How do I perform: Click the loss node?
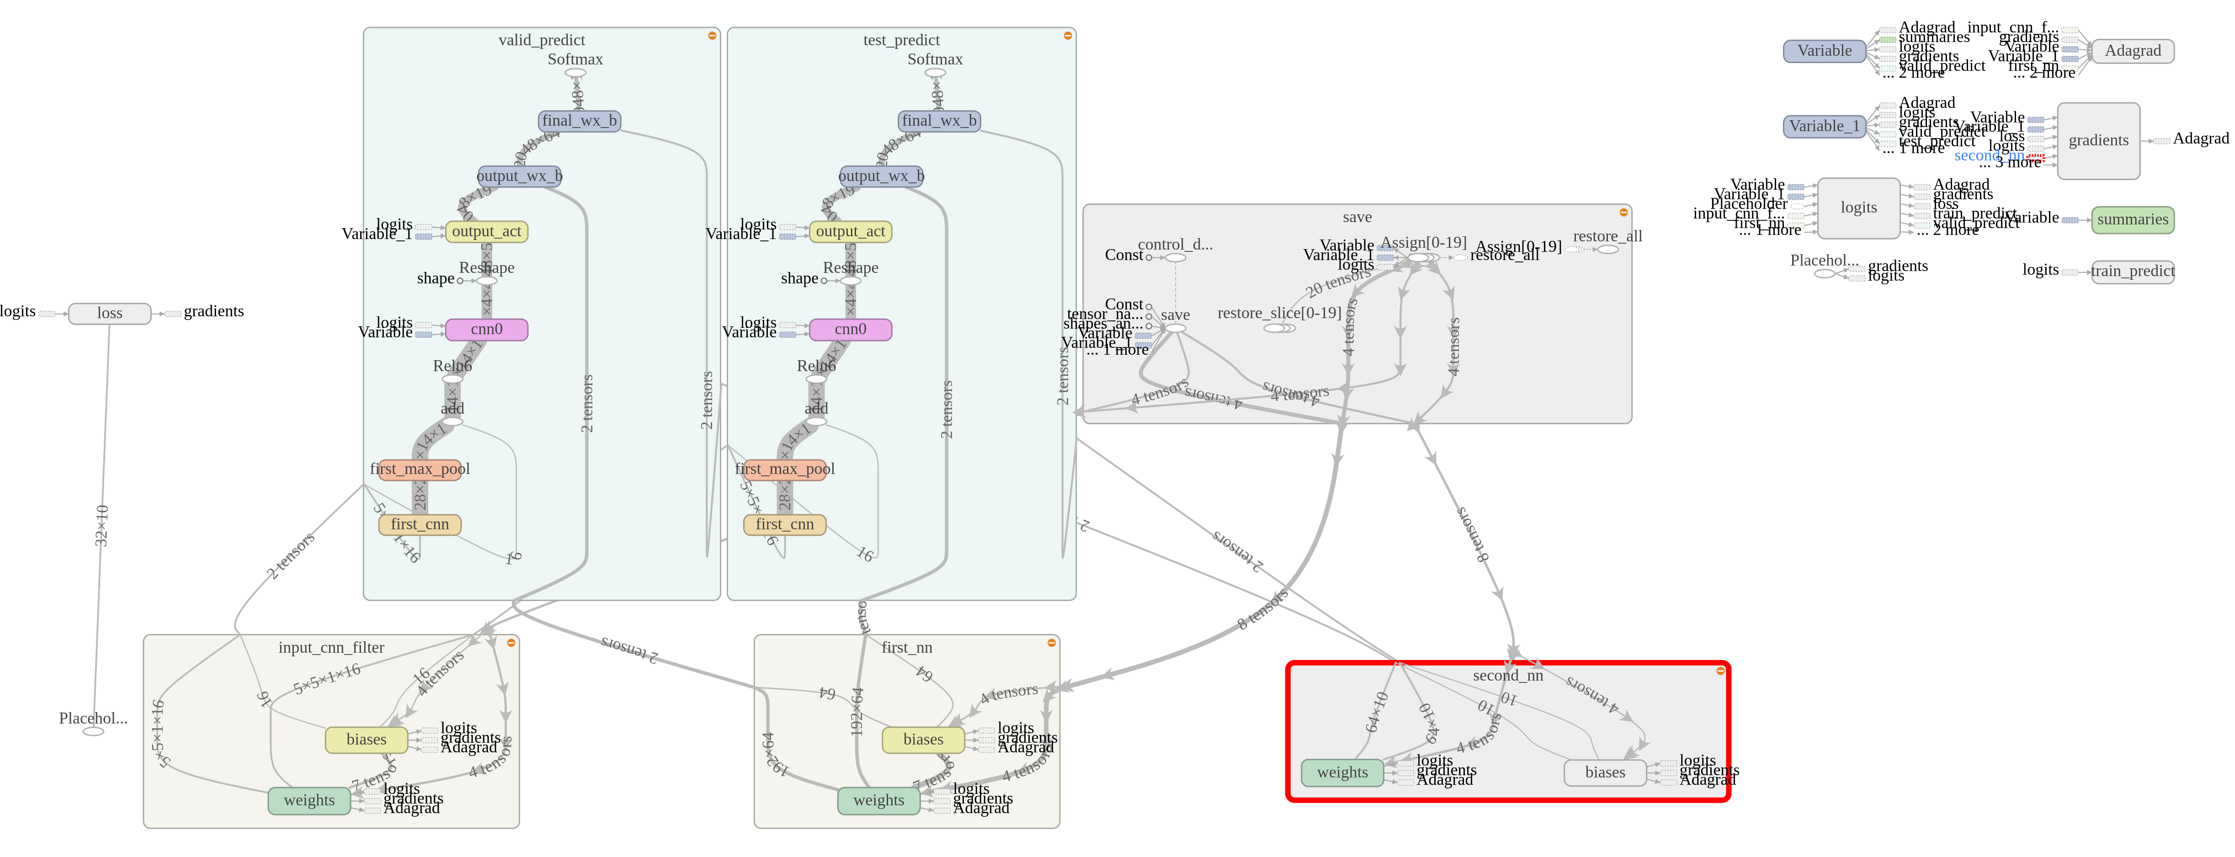[x=109, y=313]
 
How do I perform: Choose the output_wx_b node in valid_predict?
[x=520, y=176]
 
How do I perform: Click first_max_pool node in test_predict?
[x=784, y=469]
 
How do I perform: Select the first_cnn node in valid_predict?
[x=420, y=524]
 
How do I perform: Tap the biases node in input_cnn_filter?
[x=366, y=740]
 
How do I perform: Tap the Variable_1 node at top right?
[x=1824, y=127]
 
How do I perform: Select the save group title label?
[x=1357, y=217]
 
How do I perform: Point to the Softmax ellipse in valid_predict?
[x=575, y=73]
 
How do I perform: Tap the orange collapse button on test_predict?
[x=1067, y=36]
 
